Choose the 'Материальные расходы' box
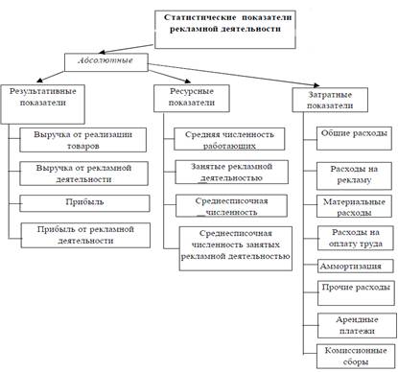352,208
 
